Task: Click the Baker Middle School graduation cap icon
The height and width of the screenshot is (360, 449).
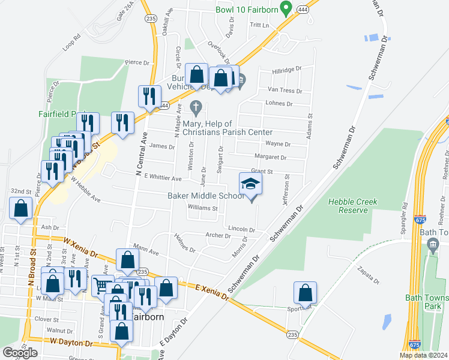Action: (251, 184)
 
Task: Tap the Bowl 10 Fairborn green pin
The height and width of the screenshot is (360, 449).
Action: (286, 8)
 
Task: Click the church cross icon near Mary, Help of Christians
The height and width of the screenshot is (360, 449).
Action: (195, 109)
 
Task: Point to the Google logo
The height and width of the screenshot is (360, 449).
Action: (20, 352)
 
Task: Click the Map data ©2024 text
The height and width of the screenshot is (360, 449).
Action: (423, 355)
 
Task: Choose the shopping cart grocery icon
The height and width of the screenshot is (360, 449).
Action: (102, 286)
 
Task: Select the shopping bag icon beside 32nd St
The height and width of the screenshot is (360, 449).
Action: (21, 209)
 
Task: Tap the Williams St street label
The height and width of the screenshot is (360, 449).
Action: (202, 208)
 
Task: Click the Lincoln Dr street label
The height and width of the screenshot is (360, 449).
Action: (242, 230)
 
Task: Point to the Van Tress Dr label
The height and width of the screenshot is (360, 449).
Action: (285, 90)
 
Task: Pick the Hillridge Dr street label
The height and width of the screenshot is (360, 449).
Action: (286, 70)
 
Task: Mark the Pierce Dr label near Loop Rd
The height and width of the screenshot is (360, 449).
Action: (136, 62)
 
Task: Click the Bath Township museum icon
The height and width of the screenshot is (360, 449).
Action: (433, 245)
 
